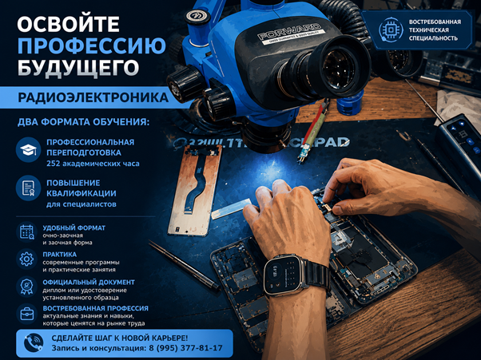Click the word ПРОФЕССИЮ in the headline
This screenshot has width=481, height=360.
click(91, 46)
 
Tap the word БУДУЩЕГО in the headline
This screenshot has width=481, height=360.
click(78, 67)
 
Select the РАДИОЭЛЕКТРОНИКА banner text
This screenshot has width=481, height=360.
click(93, 97)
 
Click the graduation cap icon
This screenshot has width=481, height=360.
click(28, 150)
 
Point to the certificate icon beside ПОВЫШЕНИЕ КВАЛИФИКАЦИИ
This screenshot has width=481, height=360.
click(28, 188)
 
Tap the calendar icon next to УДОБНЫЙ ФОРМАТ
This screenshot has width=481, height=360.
click(26, 232)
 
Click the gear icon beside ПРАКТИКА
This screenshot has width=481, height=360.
click(26, 259)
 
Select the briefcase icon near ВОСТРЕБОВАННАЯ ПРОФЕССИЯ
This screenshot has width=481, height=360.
click(26, 314)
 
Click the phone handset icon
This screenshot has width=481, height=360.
click(34, 343)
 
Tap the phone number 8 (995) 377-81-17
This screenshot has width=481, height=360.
click(185, 348)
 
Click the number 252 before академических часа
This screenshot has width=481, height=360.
click(53, 164)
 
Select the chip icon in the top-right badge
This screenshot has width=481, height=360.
click(391, 30)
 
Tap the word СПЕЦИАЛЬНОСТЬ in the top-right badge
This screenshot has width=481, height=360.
click(433, 38)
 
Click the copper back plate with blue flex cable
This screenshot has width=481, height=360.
click(196, 191)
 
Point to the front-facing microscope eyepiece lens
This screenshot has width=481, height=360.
click(339, 68)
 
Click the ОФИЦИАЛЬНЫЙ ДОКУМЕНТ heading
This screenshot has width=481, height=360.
click(89, 283)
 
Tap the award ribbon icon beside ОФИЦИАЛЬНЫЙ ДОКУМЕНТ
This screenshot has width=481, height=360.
click(26, 287)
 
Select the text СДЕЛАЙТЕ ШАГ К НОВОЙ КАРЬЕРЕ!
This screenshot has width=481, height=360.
click(120, 338)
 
